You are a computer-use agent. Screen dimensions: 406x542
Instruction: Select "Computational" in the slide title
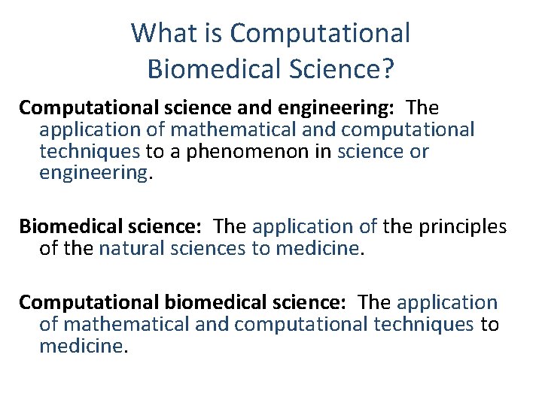pos(320,33)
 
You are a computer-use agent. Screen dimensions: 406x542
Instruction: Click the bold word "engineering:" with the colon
pos(343,108)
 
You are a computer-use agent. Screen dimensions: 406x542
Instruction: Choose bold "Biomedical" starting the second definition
pos(61,226)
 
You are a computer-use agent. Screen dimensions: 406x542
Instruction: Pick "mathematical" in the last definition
pos(124,324)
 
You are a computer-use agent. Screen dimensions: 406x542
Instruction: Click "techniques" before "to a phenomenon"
pos(90,151)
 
